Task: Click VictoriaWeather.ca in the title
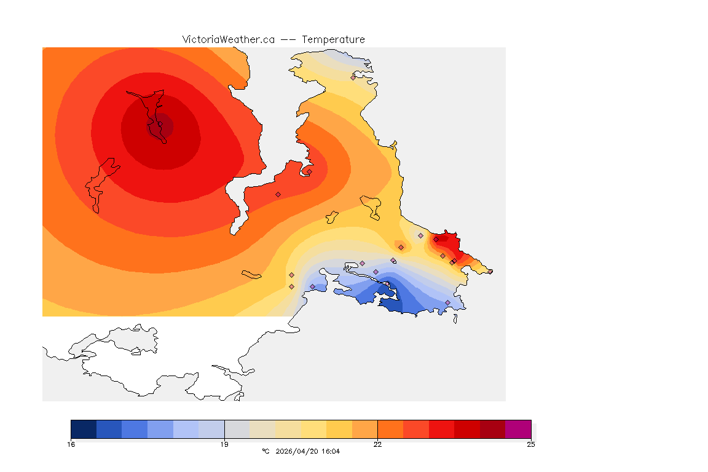(x=228, y=39)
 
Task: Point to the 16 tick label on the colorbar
(x=71, y=444)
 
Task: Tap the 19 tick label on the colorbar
(x=224, y=444)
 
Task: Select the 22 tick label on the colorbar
(x=377, y=444)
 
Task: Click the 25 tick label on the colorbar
(x=530, y=444)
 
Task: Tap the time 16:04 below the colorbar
(x=331, y=452)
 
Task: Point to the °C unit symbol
(x=265, y=452)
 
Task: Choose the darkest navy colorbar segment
(x=84, y=429)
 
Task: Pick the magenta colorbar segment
(x=518, y=429)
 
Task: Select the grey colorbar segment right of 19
(x=237, y=429)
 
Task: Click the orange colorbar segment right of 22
(x=390, y=429)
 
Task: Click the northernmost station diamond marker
(x=353, y=77)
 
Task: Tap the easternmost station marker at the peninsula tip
(x=490, y=271)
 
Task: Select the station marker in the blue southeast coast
(x=447, y=302)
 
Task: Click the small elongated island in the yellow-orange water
(x=251, y=274)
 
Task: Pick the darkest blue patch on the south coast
(x=391, y=303)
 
